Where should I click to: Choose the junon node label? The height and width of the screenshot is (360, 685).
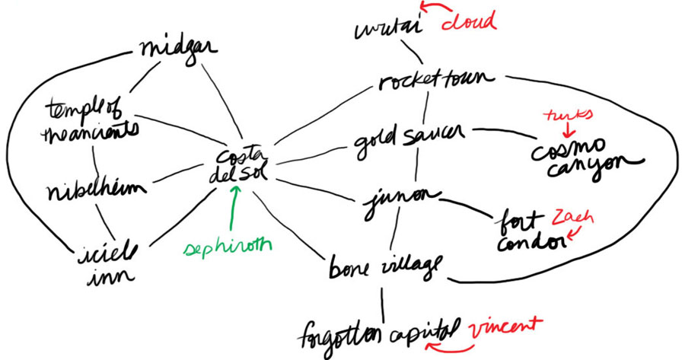click(x=400, y=199)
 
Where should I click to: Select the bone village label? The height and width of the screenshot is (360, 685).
click(x=385, y=266)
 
